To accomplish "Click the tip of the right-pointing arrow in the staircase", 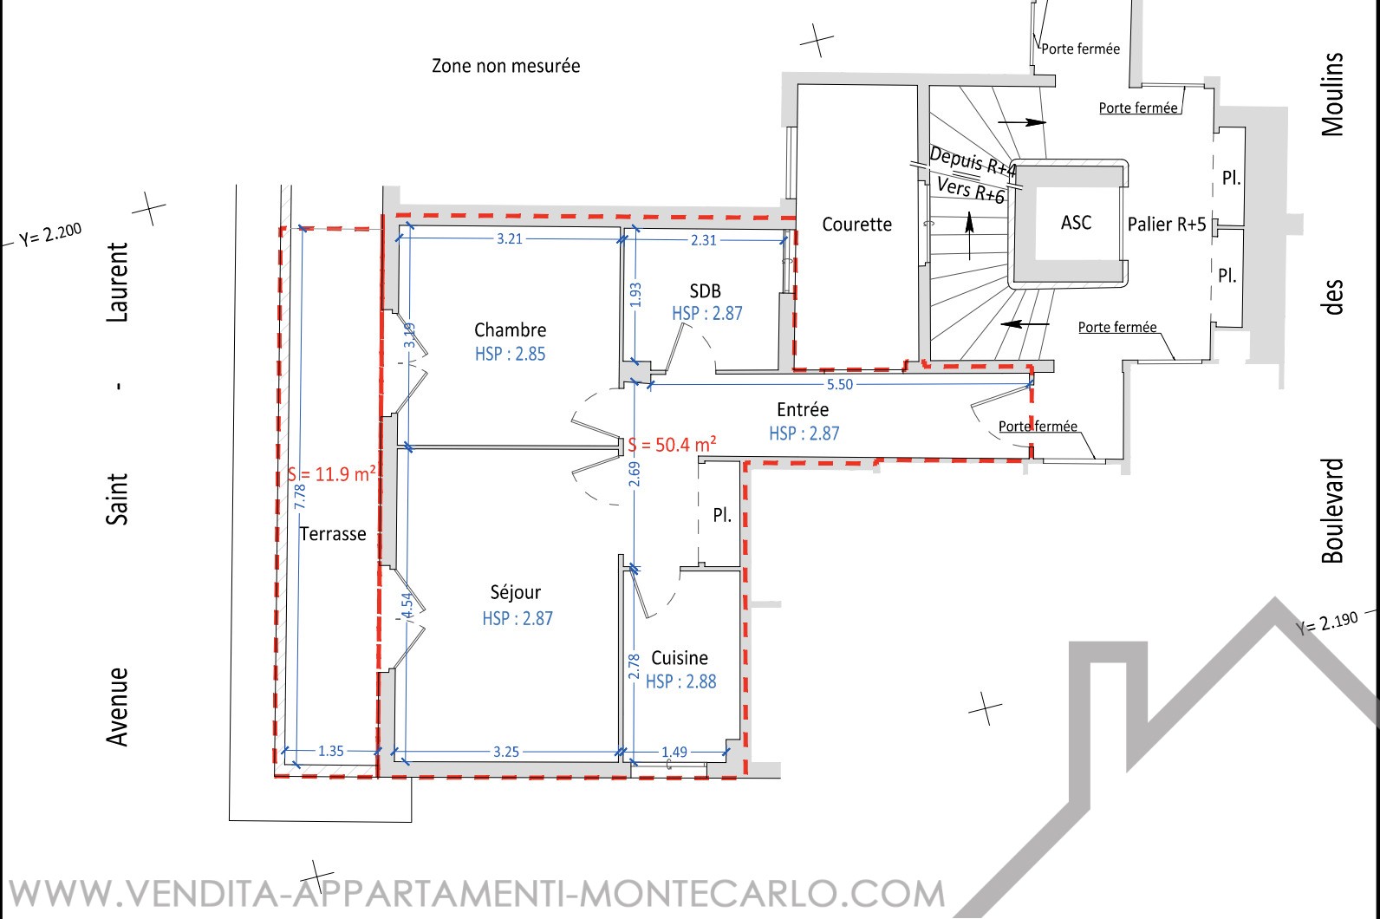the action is click(1046, 122).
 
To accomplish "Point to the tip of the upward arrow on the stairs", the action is click(969, 212).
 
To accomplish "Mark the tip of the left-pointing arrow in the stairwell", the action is click(1000, 323).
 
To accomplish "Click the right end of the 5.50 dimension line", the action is click(1030, 383).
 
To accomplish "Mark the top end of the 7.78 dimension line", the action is click(302, 228).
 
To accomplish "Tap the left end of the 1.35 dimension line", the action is click(284, 751).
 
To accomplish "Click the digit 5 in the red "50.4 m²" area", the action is click(661, 445).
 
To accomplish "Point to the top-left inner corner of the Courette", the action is click(797, 85).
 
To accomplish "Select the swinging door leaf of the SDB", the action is click(674, 348).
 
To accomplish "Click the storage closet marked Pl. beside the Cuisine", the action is click(719, 513).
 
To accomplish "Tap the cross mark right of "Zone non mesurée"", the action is click(817, 41).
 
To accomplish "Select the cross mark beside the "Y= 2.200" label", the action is click(148, 208).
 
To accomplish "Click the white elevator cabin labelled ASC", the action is click(1077, 223).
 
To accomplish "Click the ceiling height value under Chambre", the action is click(510, 354).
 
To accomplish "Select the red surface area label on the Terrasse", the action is click(331, 474).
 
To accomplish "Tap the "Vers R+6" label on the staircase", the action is click(971, 189).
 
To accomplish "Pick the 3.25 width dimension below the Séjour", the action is click(506, 752).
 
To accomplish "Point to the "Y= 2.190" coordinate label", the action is click(1326, 622).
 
